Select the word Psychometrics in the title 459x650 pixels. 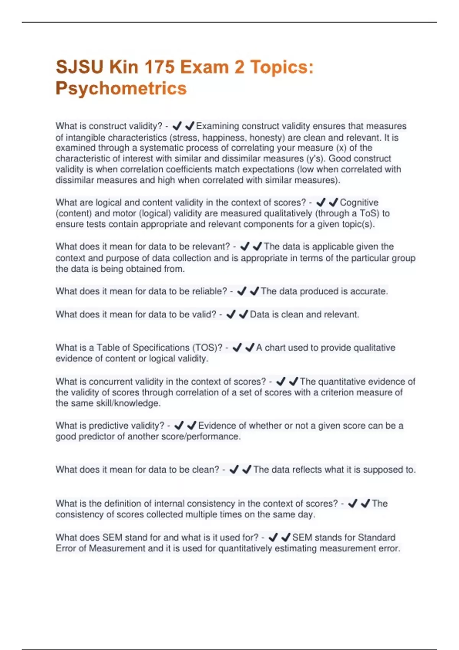coord(121,88)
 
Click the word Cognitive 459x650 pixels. coord(359,203)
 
